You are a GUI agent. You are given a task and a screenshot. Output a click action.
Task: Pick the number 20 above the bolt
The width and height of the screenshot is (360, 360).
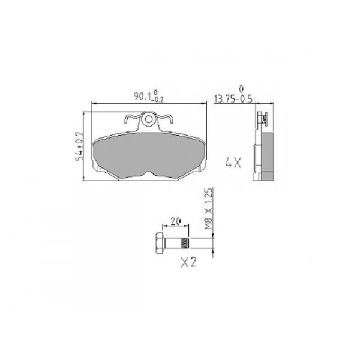click(176, 221)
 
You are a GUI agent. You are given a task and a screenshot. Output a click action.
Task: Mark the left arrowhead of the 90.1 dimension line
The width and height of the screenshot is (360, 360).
click(92, 105)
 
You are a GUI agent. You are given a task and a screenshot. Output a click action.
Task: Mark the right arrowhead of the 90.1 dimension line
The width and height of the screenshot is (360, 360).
click(203, 105)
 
